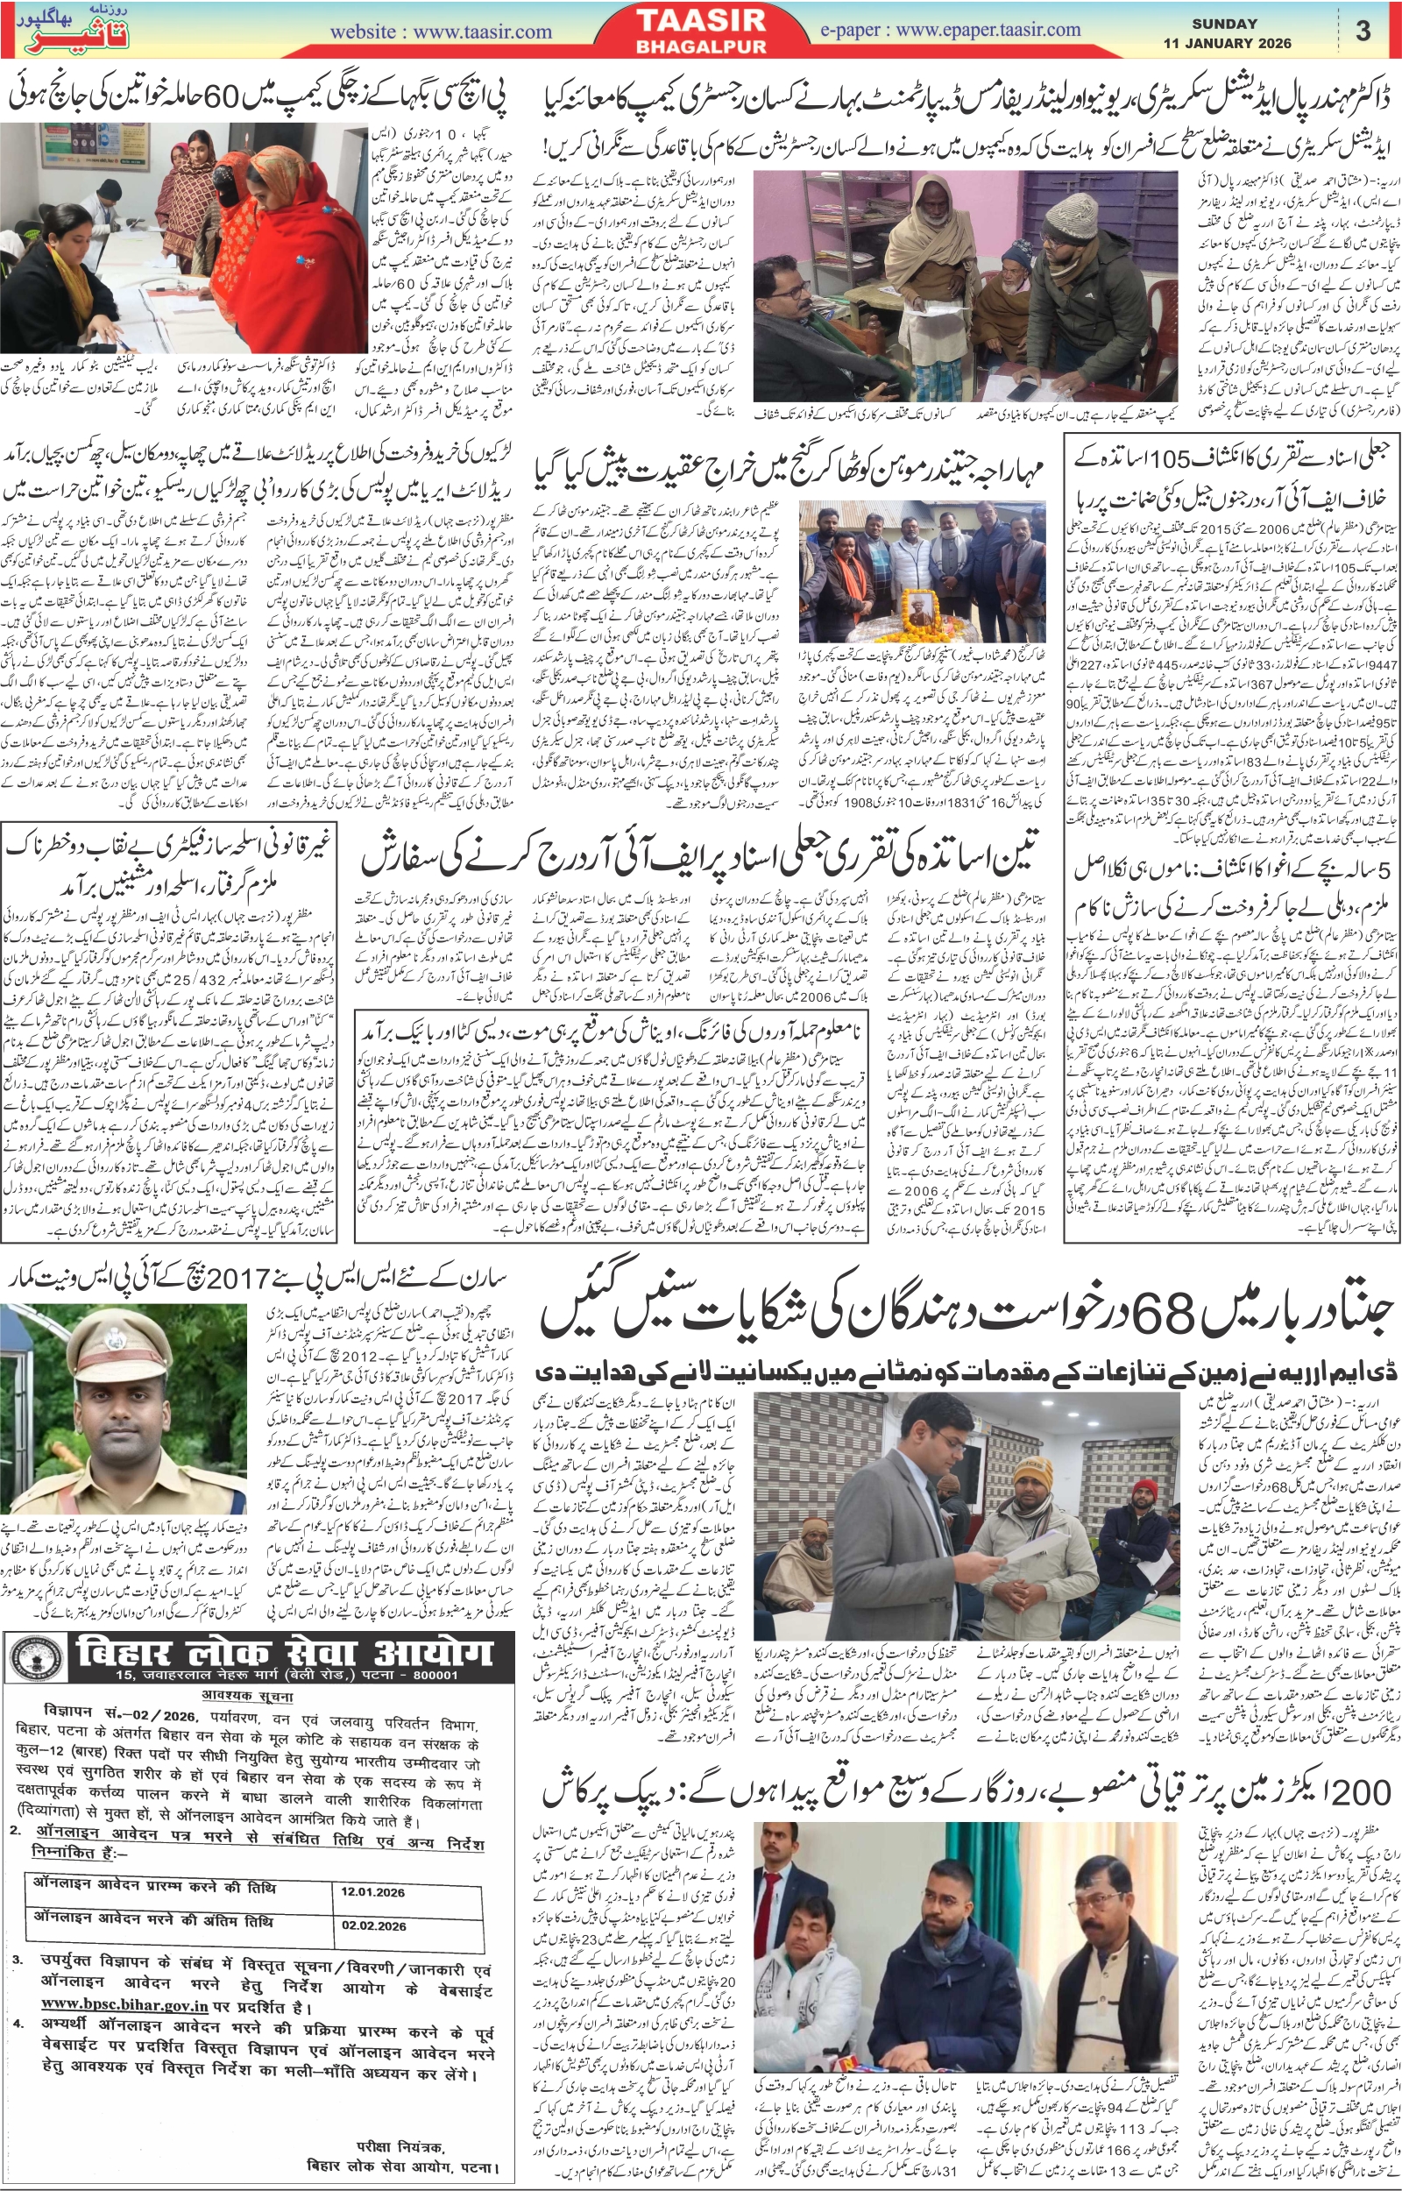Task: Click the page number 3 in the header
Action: point(1363,30)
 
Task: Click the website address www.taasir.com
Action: point(441,32)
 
